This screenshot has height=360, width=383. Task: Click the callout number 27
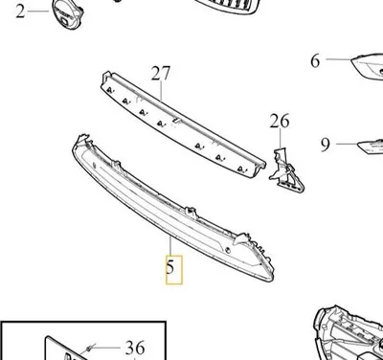click(x=161, y=74)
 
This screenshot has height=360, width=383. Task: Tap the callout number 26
click(x=280, y=121)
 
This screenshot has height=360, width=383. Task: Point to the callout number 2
click(x=20, y=11)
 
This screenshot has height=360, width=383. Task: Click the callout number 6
click(x=315, y=60)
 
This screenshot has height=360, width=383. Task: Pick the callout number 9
click(x=326, y=145)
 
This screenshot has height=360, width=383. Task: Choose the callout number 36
click(x=135, y=348)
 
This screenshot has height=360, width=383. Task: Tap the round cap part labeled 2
click(x=66, y=13)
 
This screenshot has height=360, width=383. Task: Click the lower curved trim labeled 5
click(x=173, y=208)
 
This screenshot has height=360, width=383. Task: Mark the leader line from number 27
click(x=161, y=91)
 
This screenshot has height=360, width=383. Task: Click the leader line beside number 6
click(x=338, y=59)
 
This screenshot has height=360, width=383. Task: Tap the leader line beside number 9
click(x=347, y=144)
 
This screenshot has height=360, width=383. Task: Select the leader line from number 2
click(x=38, y=11)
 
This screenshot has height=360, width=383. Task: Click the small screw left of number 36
click(x=90, y=349)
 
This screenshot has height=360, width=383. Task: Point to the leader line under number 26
click(x=281, y=138)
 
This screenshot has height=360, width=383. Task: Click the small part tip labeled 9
click(x=371, y=146)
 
